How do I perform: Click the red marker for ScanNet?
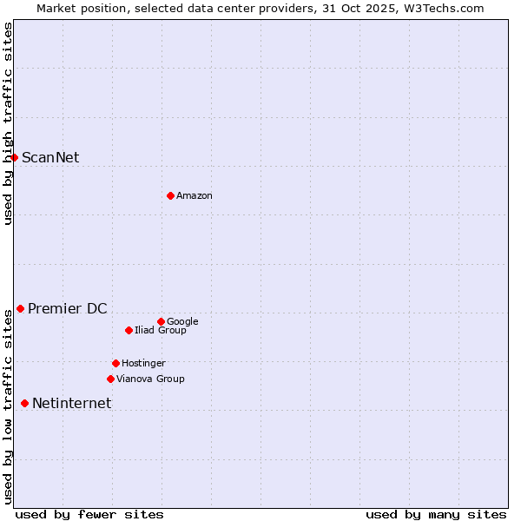point(15,157)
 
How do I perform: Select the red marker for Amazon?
point(170,195)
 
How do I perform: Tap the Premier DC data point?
point(20,308)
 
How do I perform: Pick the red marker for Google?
point(161,321)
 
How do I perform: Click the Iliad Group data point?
point(129,330)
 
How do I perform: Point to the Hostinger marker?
point(115,363)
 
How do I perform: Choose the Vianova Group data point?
point(110,379)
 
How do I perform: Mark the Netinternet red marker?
point(24,403)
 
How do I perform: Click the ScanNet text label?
point(50,157)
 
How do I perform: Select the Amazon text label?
point(195,195)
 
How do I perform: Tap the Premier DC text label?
point(68,308)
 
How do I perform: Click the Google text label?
point(182,321)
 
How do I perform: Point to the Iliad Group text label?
point(161,330)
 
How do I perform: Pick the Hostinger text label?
point(143,363)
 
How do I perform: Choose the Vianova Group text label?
point(150,379)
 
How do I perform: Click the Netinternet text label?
point(71,403)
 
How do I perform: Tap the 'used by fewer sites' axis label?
point(89,514)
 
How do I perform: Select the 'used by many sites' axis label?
point(436,514)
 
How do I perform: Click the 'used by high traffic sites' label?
point(8,123)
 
